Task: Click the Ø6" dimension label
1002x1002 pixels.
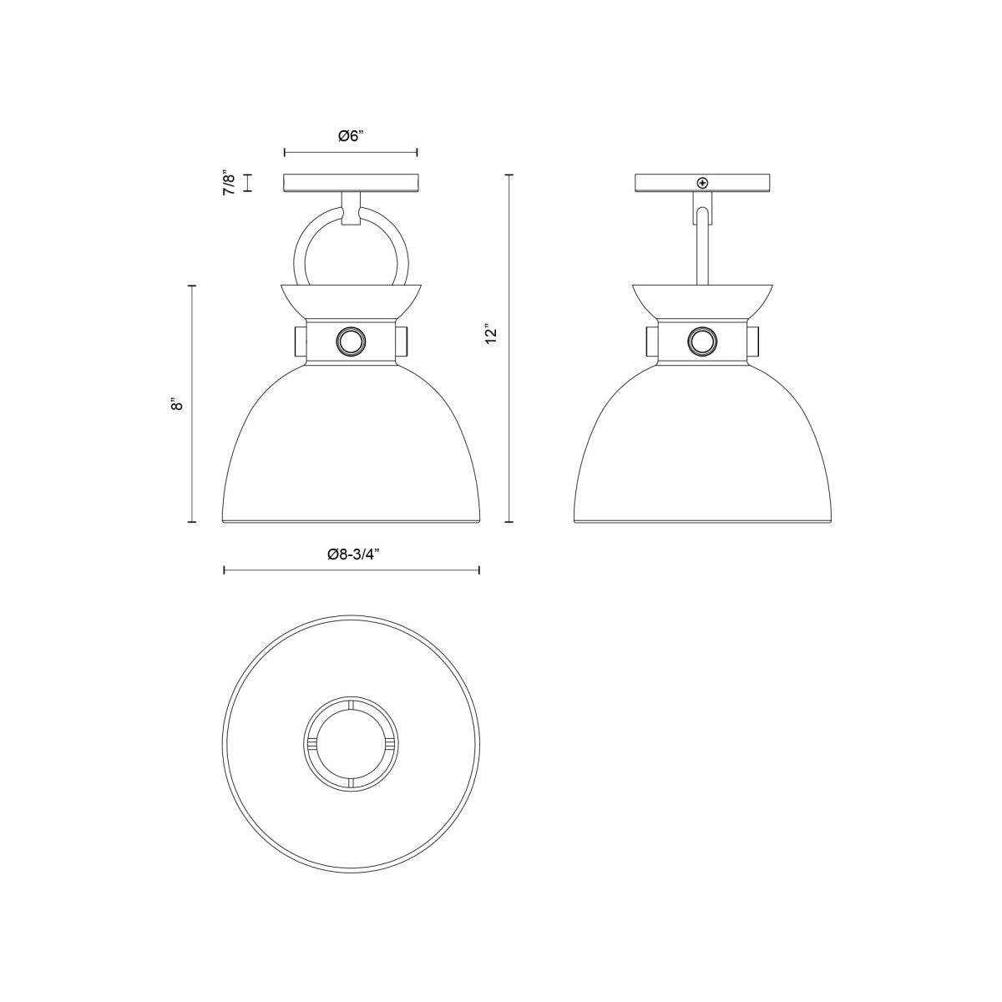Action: point(351,137)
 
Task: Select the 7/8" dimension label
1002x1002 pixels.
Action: point(228,183)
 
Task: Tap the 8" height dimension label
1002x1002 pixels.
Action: point(175,405)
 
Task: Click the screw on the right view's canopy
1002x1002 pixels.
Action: point(702,183)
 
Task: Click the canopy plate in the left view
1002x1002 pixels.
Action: point(351,183)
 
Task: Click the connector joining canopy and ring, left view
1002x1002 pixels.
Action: point(351,206)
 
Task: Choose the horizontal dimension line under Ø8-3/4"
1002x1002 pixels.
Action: point(351,570)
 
